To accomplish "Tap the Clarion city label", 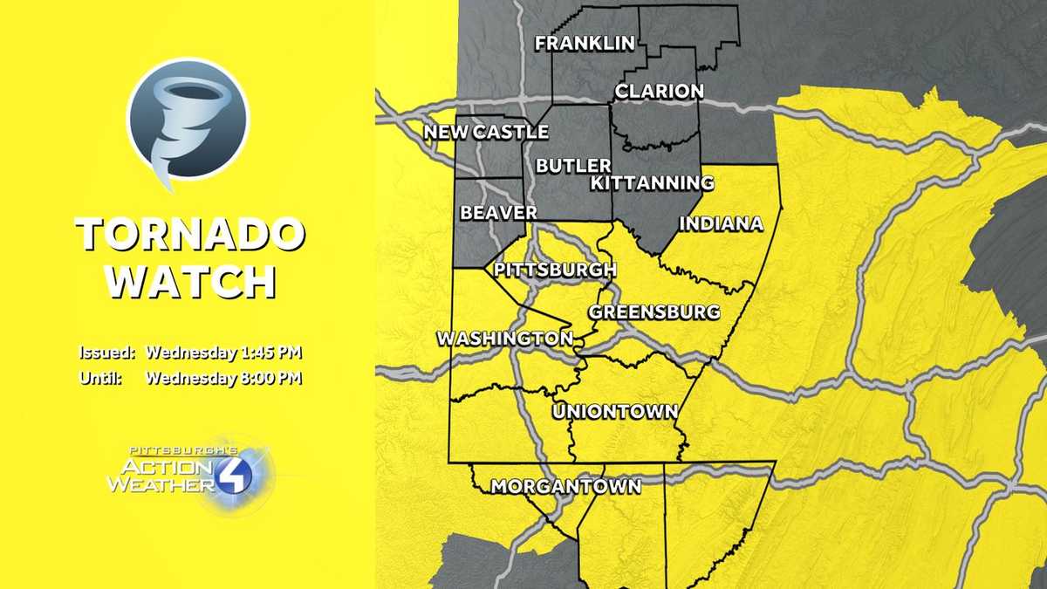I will [x=659, y=91].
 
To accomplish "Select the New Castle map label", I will [x=486, y=132].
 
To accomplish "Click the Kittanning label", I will [x=652, y=182].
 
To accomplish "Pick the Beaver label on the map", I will [x=498, y=212].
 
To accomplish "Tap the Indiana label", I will [x=721, y=223].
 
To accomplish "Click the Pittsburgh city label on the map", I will [x=555, y=269].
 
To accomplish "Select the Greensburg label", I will [x=654, y=312].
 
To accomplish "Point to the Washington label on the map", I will [x=504, y=338].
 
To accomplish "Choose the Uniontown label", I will [x=615, y=411].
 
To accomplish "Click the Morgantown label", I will [x=565, y=486].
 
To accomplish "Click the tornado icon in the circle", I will [x=188, y=121].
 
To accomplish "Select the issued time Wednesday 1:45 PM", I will [x=223, y=353].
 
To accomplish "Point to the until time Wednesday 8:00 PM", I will [x=223, y=379].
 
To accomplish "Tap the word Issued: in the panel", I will [x=107, y=353].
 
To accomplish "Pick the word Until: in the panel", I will [x=99, y=379].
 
